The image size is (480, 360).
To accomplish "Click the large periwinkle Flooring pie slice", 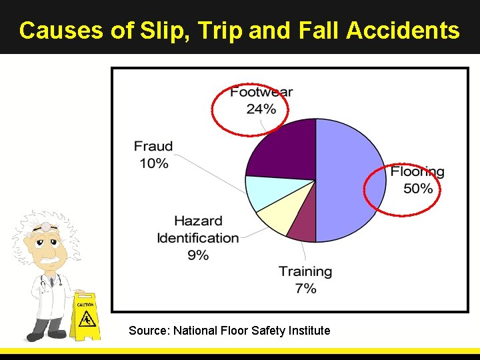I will coord(350,180).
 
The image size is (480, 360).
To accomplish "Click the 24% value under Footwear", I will coord(261,109).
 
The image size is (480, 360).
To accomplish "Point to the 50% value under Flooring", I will coord(418,189).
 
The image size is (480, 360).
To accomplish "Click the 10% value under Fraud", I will coord(153,163).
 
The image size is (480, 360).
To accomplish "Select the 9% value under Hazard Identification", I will coord(198,255).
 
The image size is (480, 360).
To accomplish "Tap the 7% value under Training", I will coord(305,289).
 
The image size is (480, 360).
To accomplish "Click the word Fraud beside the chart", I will coord(153,146).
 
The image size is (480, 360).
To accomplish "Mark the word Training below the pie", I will coord(305,271).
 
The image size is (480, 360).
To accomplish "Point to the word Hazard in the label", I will coord(198,221).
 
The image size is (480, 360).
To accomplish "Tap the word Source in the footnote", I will coord(149,330).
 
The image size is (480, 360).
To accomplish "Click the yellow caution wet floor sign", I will coord(85,316).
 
